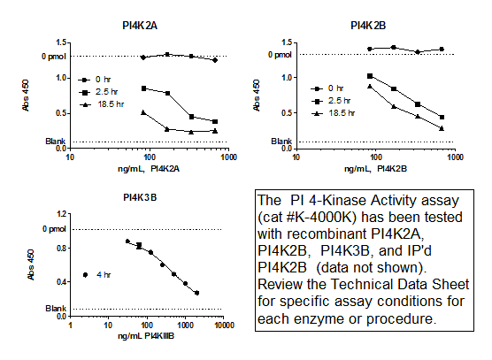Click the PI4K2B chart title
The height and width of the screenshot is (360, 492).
tap(367, 27)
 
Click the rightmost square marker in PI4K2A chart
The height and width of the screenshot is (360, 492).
tap(215, 121)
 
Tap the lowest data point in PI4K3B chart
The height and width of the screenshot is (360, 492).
tap(196, 293)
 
